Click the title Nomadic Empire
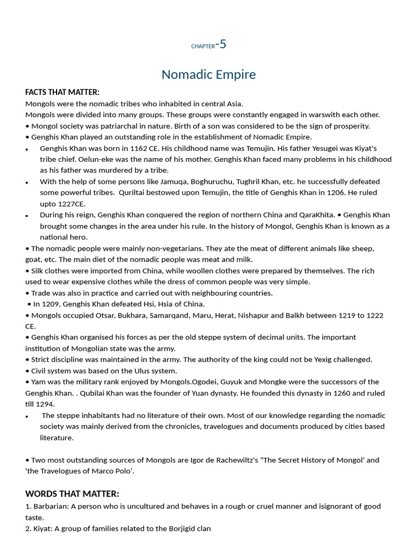[208, 75]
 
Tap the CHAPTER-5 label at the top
[208, 45]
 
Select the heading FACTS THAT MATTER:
[62, 92]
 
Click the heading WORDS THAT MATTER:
[72, 494]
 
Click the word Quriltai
[140, 192]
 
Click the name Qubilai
[95, 393]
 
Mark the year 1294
[45, 404]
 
